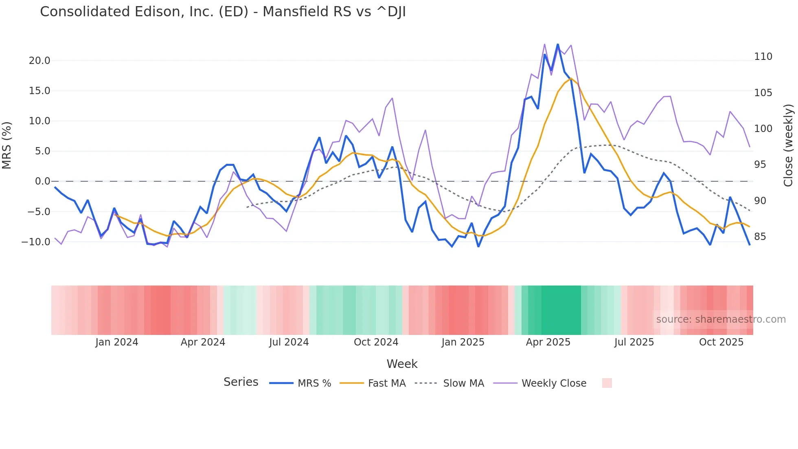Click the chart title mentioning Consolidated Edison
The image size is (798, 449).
[223, 12]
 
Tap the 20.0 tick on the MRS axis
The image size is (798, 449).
[39, 61]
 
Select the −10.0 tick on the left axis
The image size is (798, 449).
[36, 242]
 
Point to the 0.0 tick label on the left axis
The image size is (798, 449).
[42, 181]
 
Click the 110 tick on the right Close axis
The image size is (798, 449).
[763, 57]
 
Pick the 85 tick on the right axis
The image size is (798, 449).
[760, 236]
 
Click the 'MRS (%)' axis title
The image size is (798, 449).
[7, 145]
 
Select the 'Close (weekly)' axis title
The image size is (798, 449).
[789, 145]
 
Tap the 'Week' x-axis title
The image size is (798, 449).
[402, 364]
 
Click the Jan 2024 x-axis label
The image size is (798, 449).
[117, 342]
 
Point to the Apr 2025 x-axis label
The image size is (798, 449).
[548, 342]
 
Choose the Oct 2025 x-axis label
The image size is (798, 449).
[721, 342]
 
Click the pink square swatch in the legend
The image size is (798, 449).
[607, 383]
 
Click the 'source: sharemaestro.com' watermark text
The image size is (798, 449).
[721, 319]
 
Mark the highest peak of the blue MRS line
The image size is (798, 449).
[558, 44]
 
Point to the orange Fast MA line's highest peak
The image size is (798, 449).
[571, 78]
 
